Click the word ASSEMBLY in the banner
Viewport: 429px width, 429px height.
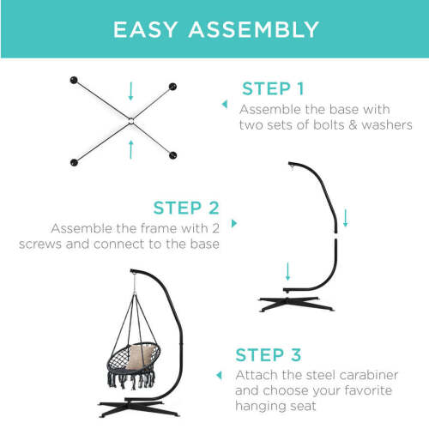(x=254, y=29)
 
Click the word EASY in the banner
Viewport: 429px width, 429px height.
(x=146, y=29)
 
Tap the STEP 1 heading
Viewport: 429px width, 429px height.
(x=273, y=88)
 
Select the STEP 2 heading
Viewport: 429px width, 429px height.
(x=186, y=208)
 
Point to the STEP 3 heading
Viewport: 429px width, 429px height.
(x=269, y=355)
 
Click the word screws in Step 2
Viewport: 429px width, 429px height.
(x=40, y=245)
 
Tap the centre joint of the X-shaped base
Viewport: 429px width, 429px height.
(x=131, y=121)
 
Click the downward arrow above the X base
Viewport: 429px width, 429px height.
(x=131, y=91)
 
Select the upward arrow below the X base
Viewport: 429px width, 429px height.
(x=131, y=149)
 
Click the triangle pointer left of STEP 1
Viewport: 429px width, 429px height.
(x=225, y=104)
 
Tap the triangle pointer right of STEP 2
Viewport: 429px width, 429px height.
(x=234, y=223)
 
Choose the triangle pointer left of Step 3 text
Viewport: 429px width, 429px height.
(x=219, y=375)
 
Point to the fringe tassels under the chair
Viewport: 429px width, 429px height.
(x=131, y=379)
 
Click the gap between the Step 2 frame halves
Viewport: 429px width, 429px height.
(x=335, y=236)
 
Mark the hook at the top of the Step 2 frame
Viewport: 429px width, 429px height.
(x=292, y=166)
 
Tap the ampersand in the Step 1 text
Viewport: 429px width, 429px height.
(x=353, y=125)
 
